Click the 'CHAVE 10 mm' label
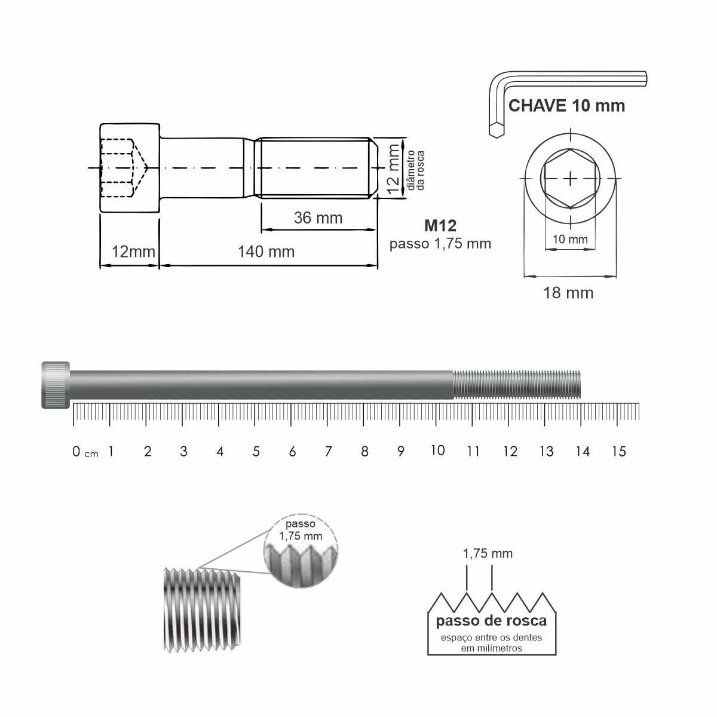566,106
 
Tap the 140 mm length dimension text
266,252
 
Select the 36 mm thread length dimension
318,217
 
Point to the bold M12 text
440,225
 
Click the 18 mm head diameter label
568,293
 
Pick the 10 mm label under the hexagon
570,239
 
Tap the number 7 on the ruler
328,451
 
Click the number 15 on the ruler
619,451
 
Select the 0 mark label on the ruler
76,451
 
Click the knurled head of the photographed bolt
56,385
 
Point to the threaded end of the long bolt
517,385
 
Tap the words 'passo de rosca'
491,620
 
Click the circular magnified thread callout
301,551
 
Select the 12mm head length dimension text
133,252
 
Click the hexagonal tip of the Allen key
497,130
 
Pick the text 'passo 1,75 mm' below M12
440,244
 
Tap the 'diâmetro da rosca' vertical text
416,170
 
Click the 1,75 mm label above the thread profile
488,554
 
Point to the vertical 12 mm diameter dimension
393,170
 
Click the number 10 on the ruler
437,451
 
